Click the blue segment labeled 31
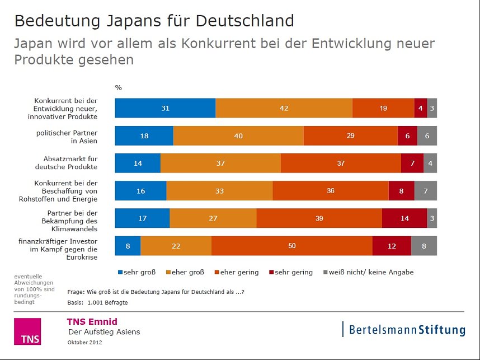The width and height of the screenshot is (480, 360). tap(165, 108)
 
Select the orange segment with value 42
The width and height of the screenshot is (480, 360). tap(284, 108)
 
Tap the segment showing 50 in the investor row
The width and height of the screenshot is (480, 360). tap(291, 246)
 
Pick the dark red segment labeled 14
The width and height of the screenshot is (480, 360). tap(404, 218)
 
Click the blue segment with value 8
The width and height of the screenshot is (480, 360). tap(128, 246)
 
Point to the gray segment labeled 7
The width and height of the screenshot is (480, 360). tap(425, 191)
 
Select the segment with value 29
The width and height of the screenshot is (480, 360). tap(350, 136)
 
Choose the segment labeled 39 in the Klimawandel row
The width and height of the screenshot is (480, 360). tap(319, 218)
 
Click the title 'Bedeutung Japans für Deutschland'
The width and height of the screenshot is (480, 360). tap(154, 21)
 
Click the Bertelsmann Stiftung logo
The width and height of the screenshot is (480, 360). tap(404, 329)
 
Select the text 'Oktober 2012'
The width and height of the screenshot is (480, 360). tap(85, 342)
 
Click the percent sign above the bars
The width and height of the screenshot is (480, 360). tap(118, 87)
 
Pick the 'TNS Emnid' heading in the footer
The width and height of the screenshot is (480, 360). tap(92, 321)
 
